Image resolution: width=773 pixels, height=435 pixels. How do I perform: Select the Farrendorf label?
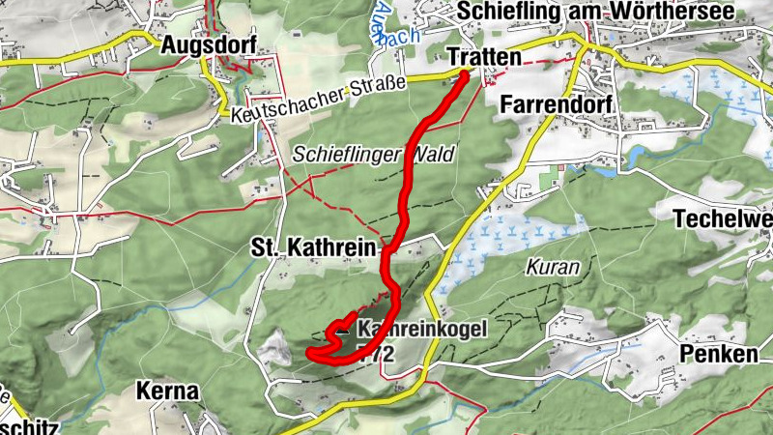click(x=558, y=106)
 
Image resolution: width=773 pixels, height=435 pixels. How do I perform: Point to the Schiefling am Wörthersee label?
click(x=597, y=11)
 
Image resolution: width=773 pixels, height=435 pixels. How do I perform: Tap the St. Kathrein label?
click(x=312, y=248)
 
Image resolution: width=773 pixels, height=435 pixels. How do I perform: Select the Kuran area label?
click(x=553, y=266)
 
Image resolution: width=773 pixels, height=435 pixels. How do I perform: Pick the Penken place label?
click(x=719, y=354)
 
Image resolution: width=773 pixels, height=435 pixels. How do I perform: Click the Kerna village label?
click(x=167, y=391)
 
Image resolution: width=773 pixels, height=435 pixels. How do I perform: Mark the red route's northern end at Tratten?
click(x=464, y=75)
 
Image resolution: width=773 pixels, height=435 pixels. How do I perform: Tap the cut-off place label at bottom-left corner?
click(x=29, y=425)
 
